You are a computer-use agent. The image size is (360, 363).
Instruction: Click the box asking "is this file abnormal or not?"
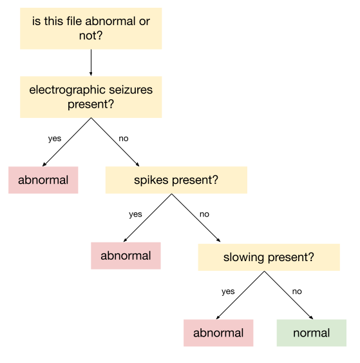pos(91,28)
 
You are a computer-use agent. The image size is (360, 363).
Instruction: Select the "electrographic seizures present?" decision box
pos(91,97)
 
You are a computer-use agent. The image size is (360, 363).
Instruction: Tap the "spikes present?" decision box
pos(176,180)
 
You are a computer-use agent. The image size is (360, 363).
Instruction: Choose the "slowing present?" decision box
pos(269,257)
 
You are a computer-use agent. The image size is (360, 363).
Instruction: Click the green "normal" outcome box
pos(311,333)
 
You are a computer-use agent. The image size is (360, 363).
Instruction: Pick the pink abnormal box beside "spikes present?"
pos(43,180)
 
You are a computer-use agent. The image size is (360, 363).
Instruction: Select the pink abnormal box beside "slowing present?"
pos(126,256)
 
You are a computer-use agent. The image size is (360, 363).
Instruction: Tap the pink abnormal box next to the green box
pos(218,333)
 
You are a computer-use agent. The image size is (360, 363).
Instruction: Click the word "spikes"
pos(150,180)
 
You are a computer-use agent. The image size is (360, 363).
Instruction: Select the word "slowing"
pos(243,257)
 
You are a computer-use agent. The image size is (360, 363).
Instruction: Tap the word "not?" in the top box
pos(91,36)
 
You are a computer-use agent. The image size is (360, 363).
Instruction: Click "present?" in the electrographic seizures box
pos(91,104)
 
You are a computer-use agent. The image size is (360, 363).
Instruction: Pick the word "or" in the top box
pos(144,21)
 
